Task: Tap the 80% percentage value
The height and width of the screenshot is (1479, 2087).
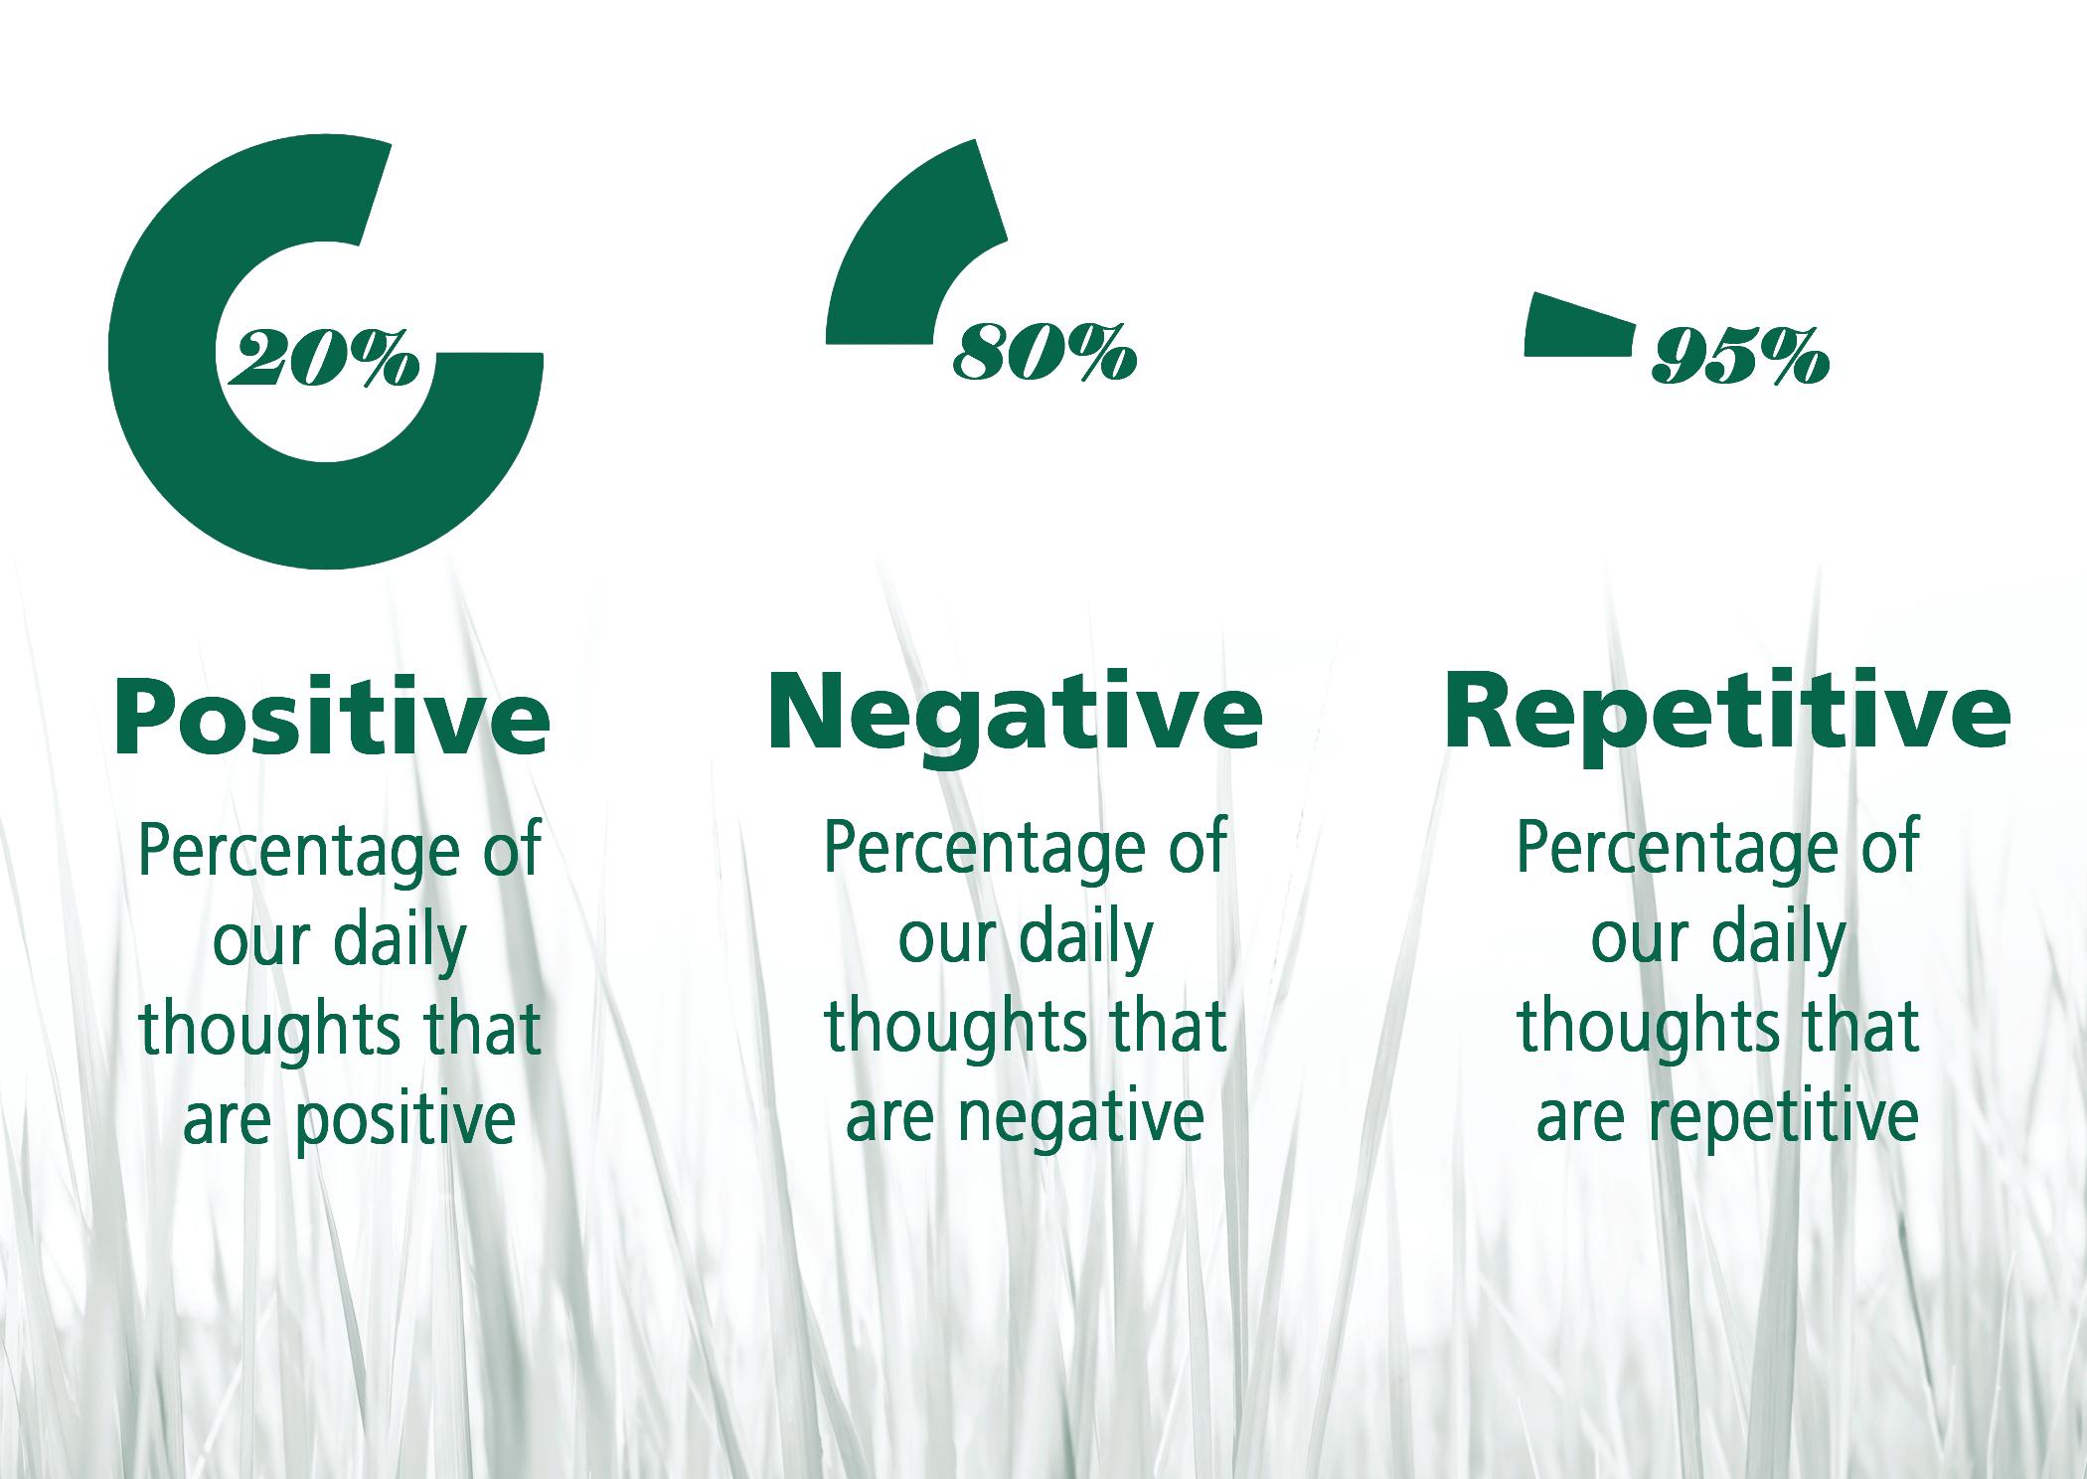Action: click(x=1044, y=352)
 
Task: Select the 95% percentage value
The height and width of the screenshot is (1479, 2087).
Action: click(x=1740, y=357)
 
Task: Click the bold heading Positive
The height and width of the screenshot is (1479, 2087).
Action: click(x=332, y=718)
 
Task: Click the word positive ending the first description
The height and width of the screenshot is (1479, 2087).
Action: click(x=405, y=1118)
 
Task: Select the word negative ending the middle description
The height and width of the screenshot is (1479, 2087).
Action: click(x=1081, y=1115)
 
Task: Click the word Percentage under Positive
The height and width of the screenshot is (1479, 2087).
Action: click(x=299, y=851)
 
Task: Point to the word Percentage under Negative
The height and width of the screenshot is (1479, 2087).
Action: click(x=985, y=848)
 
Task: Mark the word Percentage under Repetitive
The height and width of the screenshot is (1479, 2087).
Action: click(x=1677, y=848)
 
